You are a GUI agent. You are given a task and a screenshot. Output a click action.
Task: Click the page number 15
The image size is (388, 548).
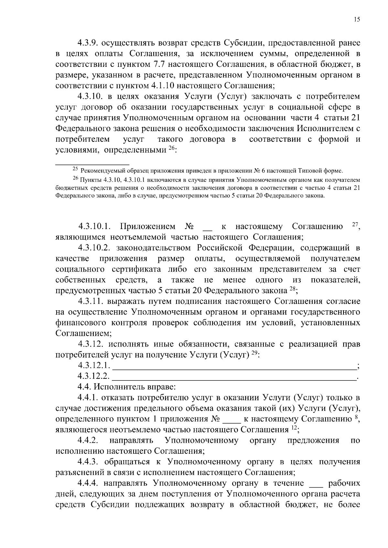(357, 19)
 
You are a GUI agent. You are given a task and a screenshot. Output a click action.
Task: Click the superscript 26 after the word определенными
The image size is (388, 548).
(171, 148)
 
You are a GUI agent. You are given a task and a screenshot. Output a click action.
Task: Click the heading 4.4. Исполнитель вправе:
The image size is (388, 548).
(126, 387)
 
